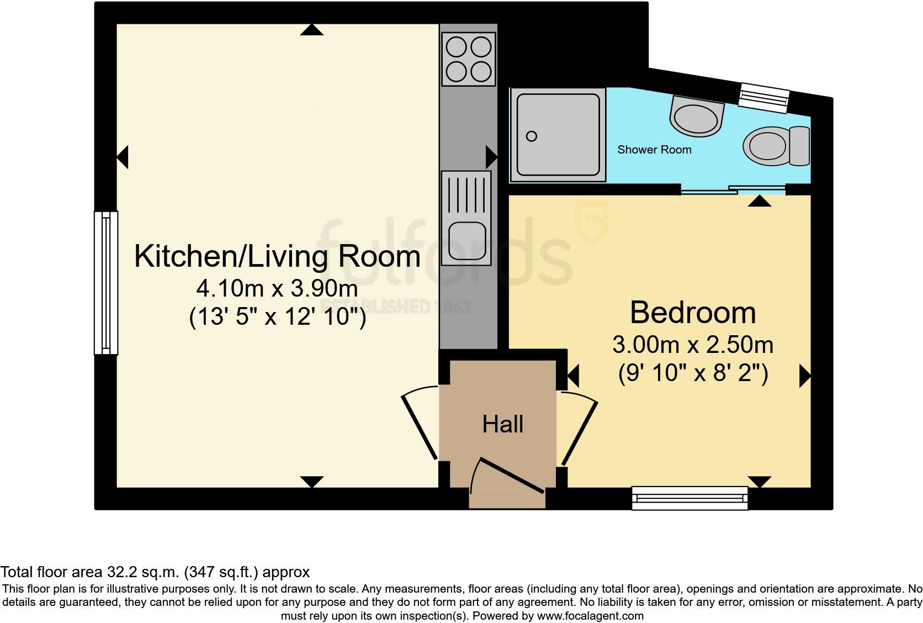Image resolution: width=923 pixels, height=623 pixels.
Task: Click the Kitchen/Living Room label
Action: coord(277,257)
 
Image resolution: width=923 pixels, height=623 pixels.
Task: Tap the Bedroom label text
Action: coord(693,313)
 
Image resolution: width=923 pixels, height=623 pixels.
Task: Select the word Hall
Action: coord(503,424)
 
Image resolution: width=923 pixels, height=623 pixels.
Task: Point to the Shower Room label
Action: coord(654,150)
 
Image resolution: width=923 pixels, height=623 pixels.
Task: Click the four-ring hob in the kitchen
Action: coord(469,59)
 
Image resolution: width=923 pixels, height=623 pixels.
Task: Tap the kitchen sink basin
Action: coord(467,241)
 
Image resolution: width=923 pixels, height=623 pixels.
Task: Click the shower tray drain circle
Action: coord(532,136)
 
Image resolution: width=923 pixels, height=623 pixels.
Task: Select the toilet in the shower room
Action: coord(776,146)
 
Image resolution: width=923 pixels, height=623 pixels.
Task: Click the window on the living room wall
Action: coord(107,283)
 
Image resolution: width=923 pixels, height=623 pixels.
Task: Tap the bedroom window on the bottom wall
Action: coord(690,498)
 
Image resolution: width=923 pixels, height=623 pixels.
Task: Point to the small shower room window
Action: coord(763,98)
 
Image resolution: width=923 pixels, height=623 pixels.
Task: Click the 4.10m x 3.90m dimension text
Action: coord(277,288)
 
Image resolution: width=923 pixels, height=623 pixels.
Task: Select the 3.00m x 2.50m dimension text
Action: coord(693,345)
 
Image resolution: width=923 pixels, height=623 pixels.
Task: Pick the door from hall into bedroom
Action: coord(577,429)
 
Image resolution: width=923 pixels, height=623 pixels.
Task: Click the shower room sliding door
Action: coord(733,189)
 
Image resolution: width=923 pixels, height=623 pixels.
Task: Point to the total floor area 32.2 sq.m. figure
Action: coord(155,572)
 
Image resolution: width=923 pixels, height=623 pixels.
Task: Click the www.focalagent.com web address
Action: coord(590,616)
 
